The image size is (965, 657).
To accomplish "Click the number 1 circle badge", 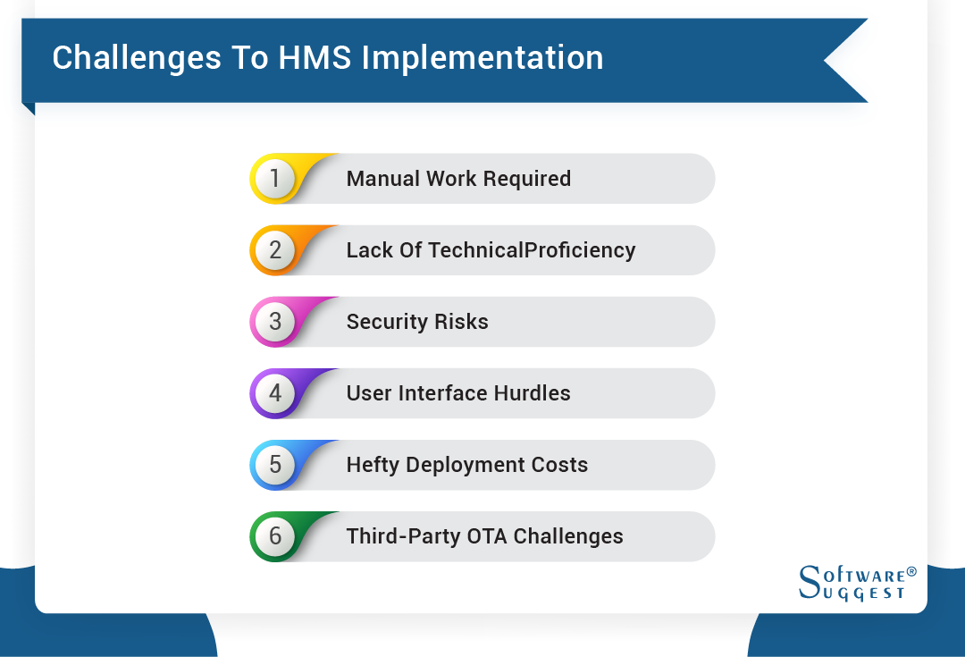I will (275, 179).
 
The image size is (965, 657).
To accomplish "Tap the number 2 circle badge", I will (275, 250).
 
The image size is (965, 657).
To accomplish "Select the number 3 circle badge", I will (275, 322).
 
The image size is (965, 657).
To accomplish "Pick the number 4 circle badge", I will (275, 393).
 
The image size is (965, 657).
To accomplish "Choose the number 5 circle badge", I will (275, 465).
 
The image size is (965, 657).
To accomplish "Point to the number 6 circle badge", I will (275, 536).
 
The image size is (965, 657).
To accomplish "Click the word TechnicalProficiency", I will (532, 250).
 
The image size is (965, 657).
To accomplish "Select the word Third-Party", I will (403, 536).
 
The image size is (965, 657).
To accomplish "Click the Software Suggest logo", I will (857, 582).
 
